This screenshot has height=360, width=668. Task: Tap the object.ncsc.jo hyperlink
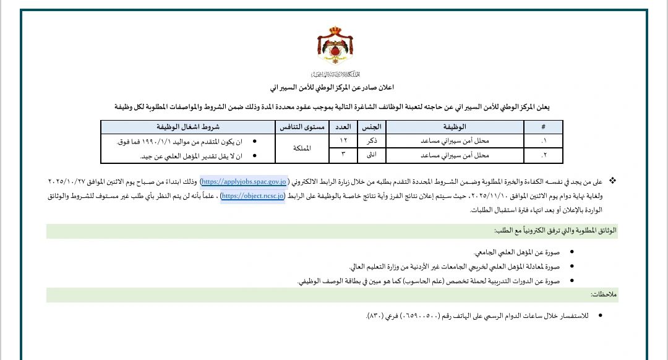[252, 196]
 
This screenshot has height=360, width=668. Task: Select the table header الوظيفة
[455, 126]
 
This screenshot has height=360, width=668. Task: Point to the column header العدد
[341, 126]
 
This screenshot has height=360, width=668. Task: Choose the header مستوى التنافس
[300, 126]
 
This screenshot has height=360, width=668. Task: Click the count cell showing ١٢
[341, 140]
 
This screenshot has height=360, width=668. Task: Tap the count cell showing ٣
[341, 153]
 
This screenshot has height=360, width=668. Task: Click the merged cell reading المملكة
[300, 147]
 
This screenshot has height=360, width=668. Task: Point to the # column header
[543, 126]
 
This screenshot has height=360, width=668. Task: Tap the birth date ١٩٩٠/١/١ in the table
[168, 142]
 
